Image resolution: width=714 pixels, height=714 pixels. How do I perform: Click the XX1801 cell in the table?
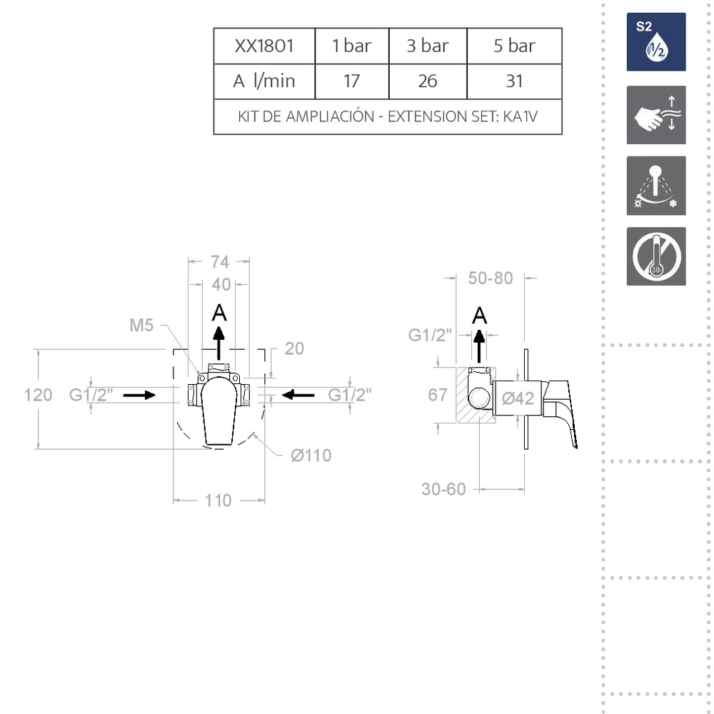tap(264, 46)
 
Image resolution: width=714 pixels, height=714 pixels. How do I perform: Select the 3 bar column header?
tap(428, 46)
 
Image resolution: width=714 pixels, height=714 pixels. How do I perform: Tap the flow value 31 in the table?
tap(514, 81)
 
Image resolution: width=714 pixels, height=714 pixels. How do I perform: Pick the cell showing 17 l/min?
tap(351, 81)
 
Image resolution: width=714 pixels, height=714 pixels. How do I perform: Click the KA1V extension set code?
tap(521, 116)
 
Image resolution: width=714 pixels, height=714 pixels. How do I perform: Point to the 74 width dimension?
tap(219, 262)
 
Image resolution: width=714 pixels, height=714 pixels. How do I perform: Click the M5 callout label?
tap(141, 325)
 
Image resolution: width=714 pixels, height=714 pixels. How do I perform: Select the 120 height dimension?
tap(38, 395)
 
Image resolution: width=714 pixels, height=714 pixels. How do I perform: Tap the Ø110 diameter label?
tap(311, 455)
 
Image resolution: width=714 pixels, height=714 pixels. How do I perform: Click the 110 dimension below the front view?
tap(218, 501)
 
